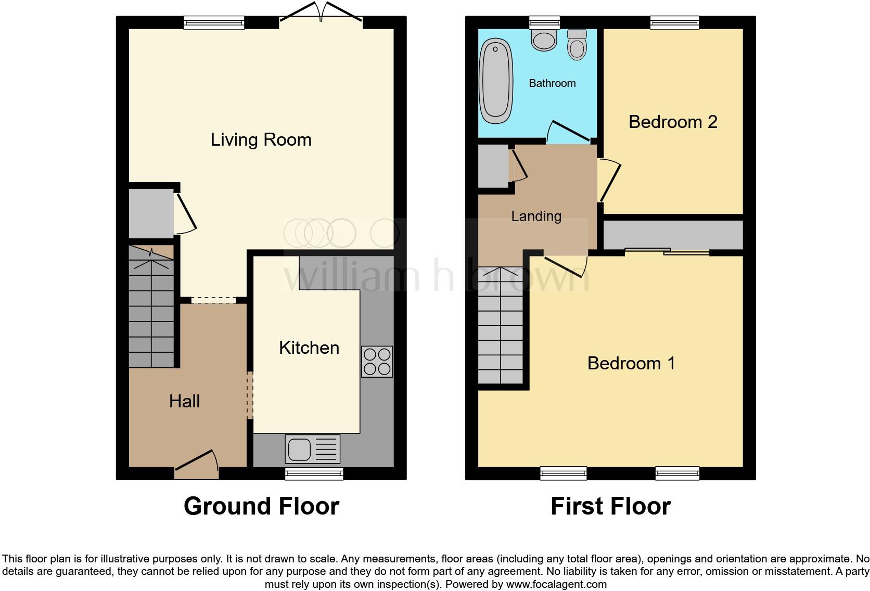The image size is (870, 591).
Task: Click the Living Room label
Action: (x=261, y=139)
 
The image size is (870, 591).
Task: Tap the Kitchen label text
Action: (x=309, y=348)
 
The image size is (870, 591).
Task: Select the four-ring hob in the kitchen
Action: (x=377, y=362)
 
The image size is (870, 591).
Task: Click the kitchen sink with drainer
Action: (x=312, y=449)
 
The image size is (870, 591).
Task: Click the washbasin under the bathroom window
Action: (x=544, y=40)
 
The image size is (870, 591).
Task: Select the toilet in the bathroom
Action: (x=577, y=45)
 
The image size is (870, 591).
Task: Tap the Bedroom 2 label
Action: (x=673, y=122)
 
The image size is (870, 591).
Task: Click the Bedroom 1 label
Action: (x=631, y=363)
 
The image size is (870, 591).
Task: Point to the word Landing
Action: (x=536, y=216)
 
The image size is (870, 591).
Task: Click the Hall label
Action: (x=184, y=401)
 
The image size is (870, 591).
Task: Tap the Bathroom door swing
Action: (x=568, y=133)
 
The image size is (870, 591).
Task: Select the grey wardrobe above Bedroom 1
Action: (x=673, y=235)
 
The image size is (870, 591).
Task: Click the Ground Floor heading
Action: (x=261, y=506)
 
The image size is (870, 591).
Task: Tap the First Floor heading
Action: (x=610, y=506)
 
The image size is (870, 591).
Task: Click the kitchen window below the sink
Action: (x=314, y=473)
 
